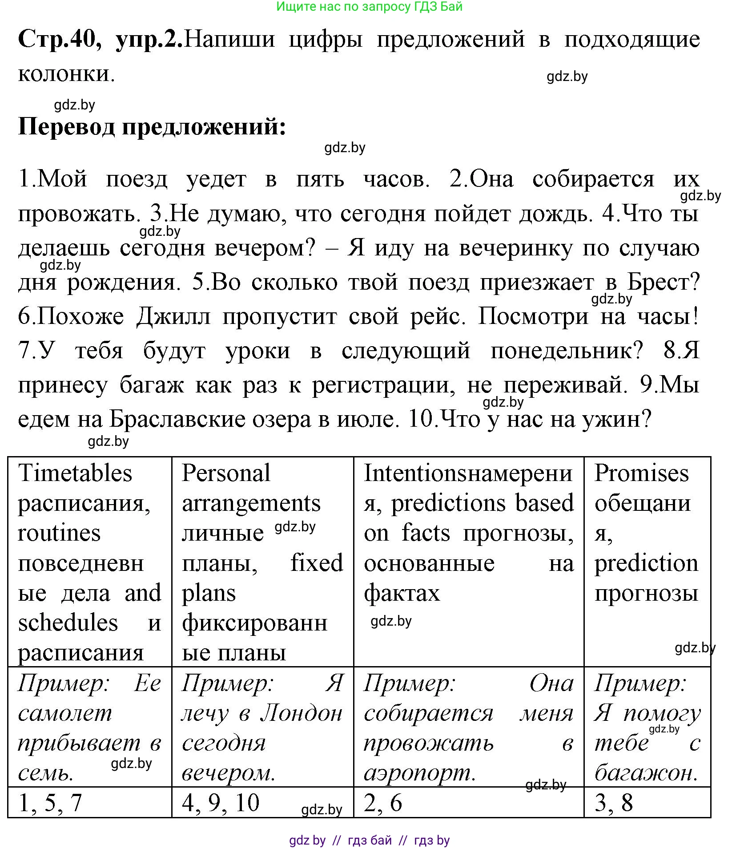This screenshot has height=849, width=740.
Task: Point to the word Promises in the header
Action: click(x=641, y=473)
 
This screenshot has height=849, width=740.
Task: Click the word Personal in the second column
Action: click(x=226, y=473)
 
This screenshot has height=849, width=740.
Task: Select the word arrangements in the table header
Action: click(x=251, y=503)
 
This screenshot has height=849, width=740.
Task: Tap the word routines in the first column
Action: click(x=59, y=533)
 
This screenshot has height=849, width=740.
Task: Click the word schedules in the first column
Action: click(x=68, y=623)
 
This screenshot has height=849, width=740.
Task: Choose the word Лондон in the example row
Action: click(x=301, y=714)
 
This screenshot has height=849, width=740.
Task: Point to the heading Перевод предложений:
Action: click(x=152, y=127)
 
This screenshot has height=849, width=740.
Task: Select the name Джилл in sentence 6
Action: click(x=173, y=316)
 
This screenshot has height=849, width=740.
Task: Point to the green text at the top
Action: click(x=369, y=6)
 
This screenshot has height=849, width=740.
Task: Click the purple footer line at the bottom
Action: click(x=369, y=840)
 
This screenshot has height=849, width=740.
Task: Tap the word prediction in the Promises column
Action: click(x=646, y=563)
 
